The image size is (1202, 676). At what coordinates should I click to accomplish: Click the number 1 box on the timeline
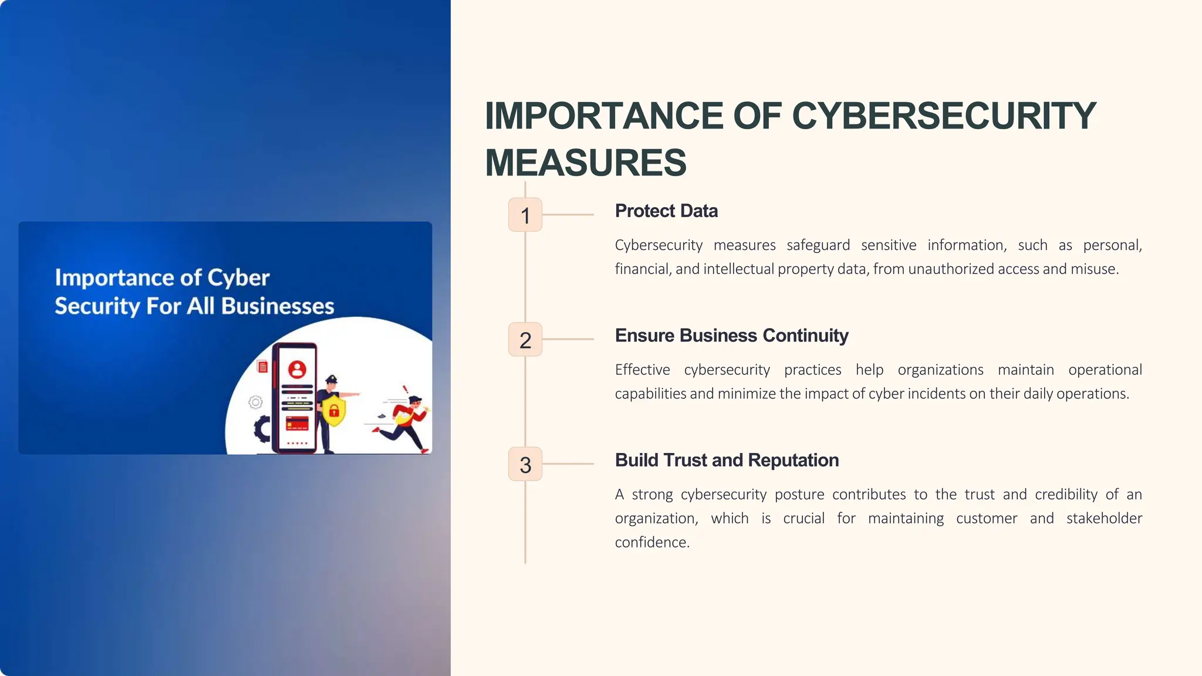coord(525,215)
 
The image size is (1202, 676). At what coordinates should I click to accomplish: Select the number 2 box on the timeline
coord(525,340)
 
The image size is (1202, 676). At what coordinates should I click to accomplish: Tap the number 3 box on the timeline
coord(525,465)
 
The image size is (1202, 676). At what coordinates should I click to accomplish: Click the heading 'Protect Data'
coord(666,211)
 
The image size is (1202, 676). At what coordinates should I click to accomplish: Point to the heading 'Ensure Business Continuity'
coord(731,335)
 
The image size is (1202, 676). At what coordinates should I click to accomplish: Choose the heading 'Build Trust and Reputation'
coord(727,460)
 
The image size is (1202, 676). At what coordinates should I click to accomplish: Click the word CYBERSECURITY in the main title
coord(944,116)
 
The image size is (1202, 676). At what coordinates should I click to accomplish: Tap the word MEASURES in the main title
coord(585,163)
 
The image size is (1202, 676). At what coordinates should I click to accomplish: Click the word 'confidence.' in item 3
coord(652,542)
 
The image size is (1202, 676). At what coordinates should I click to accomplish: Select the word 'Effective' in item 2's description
coord(642,370)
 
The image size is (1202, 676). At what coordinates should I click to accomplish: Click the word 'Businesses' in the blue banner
coord(278,306)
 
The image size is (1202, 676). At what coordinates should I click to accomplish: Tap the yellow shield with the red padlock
coord(334,409)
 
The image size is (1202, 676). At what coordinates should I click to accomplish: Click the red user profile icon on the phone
coord(297,369)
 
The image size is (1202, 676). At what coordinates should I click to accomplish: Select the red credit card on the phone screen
coord(297,423)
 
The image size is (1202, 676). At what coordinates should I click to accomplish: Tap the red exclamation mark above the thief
coord(405,389)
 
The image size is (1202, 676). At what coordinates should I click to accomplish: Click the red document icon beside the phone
coord(263,367)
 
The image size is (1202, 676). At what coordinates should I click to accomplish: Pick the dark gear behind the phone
coord(262,429)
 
